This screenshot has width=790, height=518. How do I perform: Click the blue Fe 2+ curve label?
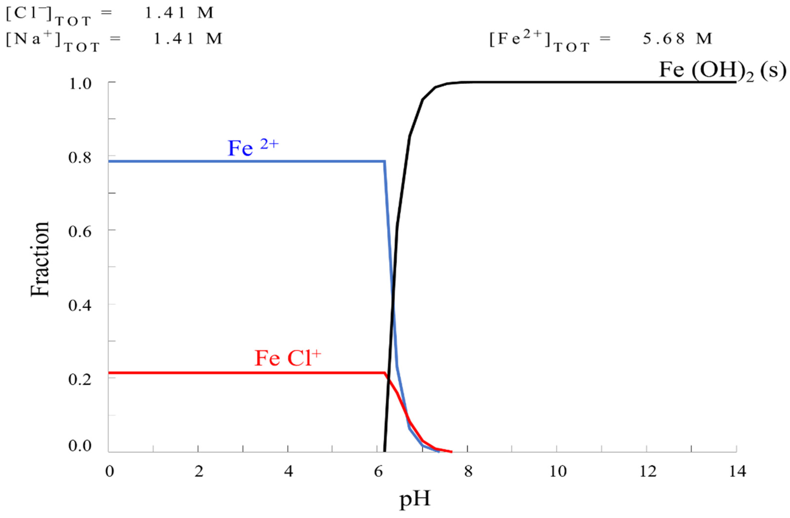(253, 148)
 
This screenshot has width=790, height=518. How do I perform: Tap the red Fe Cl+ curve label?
(288, 358)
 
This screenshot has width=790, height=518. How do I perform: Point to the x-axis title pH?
(415, 499)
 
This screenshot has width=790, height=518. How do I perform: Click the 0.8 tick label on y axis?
(80, 157)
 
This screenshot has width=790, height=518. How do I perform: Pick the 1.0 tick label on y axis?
(80, 84)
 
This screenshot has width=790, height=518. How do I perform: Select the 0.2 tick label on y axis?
(80, 379)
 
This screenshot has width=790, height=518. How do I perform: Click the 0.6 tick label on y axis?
(80, 231)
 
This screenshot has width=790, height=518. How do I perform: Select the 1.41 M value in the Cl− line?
(179, 13)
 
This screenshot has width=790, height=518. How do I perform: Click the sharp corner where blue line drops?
(385, 162)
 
